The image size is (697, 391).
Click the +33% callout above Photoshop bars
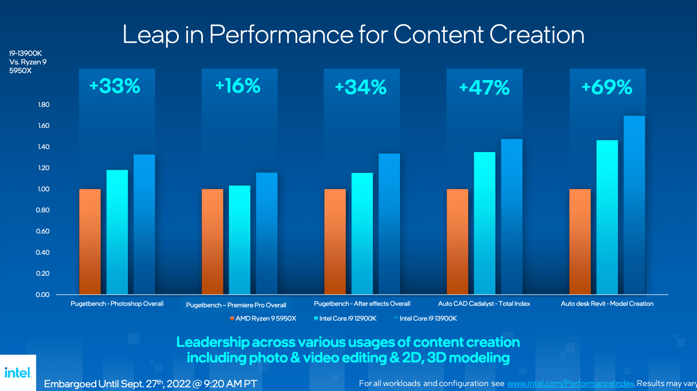point(115,86)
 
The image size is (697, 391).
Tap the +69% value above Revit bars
point(607,87)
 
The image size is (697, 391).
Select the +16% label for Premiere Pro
point(238,86)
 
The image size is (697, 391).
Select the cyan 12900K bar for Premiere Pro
point(240,240)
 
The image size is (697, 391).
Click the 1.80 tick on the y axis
point(44,105)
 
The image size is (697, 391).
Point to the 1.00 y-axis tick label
point(44,189)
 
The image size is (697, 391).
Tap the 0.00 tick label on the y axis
point(42,295)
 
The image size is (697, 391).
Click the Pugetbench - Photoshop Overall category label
point(117,304)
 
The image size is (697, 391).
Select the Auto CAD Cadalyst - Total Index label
point(484,304)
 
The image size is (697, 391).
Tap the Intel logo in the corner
point(18,373)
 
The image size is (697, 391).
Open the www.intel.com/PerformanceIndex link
point(570,383)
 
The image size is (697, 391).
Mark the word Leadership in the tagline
point(213,342)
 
